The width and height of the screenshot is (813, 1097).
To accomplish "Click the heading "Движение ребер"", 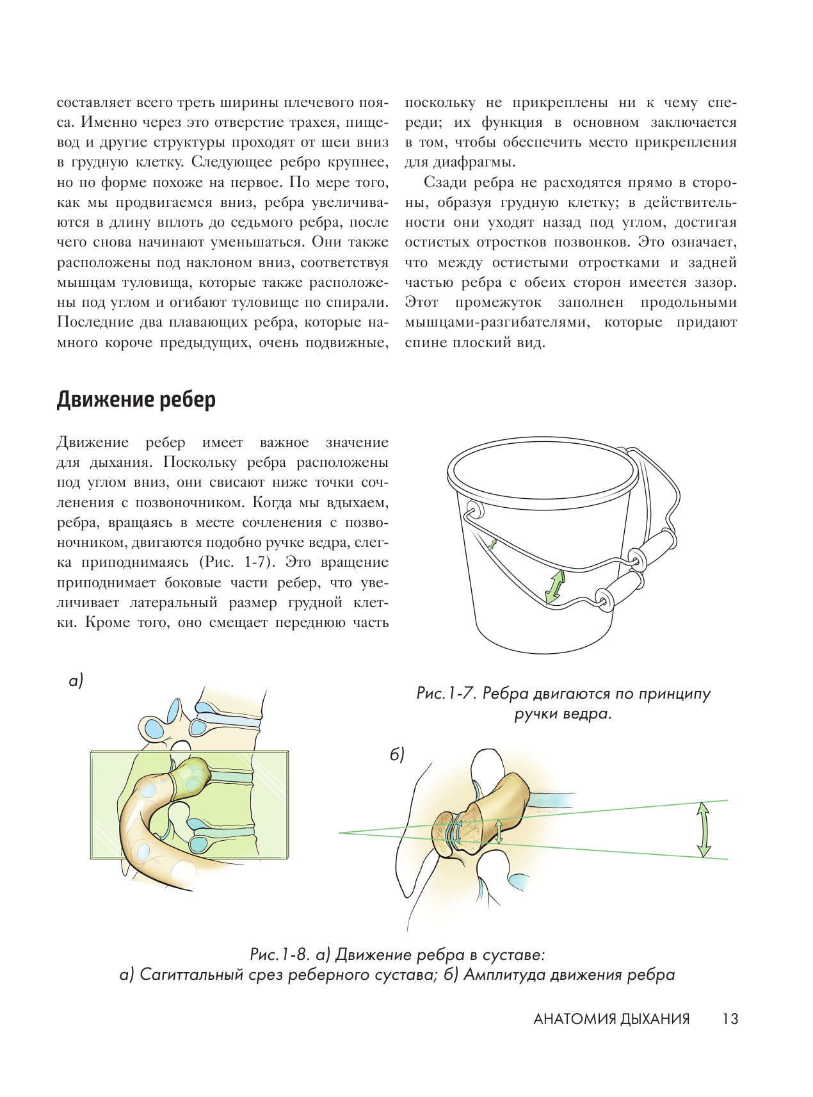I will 136,400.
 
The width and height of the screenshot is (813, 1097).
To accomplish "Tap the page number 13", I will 730,1019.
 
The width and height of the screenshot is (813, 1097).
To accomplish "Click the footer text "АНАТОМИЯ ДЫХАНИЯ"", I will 611,1019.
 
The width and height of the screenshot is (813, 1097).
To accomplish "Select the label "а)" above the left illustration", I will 76,681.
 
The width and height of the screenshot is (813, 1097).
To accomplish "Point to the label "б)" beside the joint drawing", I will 398,755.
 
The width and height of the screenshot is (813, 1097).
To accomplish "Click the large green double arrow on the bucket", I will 555,586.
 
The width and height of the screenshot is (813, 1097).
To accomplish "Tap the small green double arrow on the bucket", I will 492,544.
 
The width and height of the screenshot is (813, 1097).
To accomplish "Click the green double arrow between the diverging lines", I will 704,829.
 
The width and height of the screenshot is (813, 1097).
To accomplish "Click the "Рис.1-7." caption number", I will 446,694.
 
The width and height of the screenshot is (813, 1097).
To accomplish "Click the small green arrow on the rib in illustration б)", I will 499,831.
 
